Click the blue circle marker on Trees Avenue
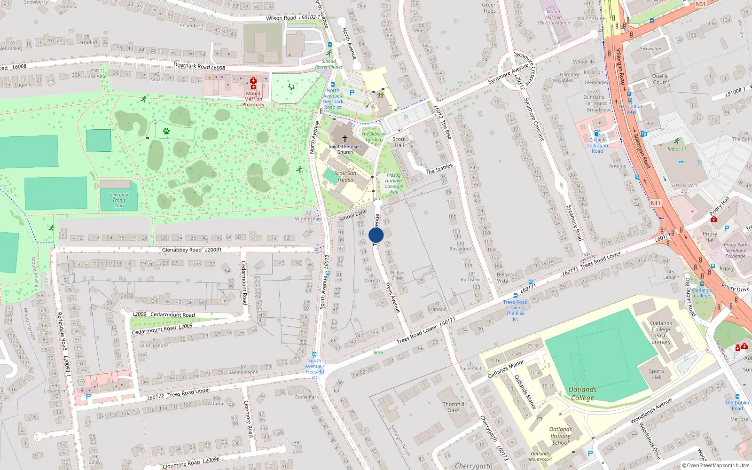coord(376,235)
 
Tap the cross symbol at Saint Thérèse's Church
coord(345,139)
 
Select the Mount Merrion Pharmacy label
coord(253,99)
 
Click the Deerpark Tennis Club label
coord(119,200)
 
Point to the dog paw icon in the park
coord(166,131)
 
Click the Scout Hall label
coord(399,142)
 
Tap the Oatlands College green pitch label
coord(582,393)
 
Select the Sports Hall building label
coord(657,374)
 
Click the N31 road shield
coord(700,4)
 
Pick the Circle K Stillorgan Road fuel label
coord(597,145)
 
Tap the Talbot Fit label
coord(676,149)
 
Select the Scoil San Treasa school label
coord(345,176)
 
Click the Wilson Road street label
coord(281,18)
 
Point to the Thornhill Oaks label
coord(454,407)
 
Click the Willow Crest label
coord(397,275)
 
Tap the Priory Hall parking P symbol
coord(726,228)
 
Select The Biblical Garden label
coord(373,136)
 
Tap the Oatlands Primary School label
coord(560,436)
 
